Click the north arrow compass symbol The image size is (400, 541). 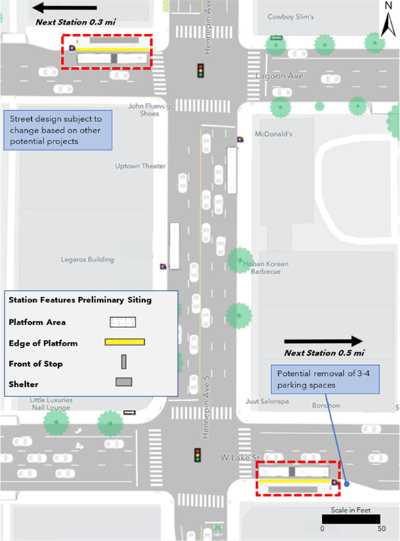[x=387, y=20]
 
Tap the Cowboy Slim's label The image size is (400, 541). [x=291, y=17]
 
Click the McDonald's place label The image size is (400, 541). [x=273, y=134]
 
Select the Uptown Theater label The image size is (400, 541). [x=141, y=166]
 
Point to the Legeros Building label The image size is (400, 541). [x=87, y=259]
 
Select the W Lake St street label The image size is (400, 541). [x=236, y=458]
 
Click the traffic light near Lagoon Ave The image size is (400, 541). [x=200, y=71]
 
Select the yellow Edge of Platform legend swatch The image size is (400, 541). [x=125, y=342]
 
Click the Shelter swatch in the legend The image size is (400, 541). [x=124, y=382]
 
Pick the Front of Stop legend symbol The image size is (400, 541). [x=124, y=362]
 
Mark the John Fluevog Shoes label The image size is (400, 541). [x=144, y=110]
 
